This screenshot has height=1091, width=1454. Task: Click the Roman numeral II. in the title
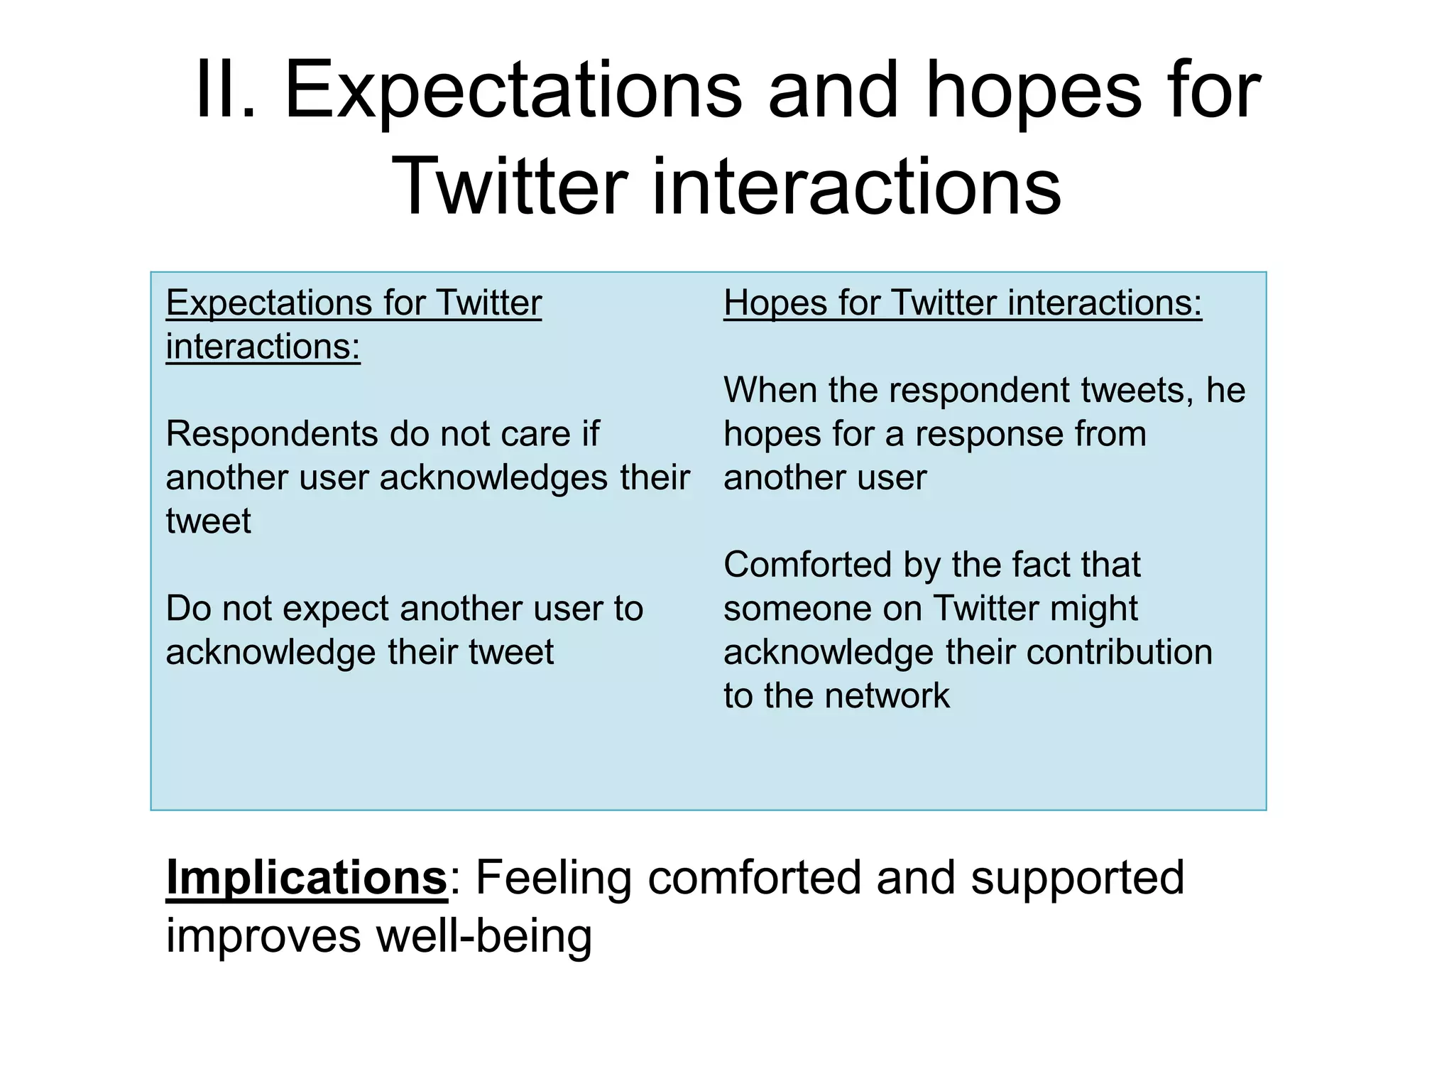(x=224, y=90)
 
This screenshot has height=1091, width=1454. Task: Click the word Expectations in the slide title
(x=513, y=90)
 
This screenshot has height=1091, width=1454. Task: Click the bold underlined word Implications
(x=307, y=877)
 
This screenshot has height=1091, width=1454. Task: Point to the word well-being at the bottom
(x=483, y=935)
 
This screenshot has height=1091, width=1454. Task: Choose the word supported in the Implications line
(x=1078, y=877)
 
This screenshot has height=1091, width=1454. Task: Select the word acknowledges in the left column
(x=493, y=477)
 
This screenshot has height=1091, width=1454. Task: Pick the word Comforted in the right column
(x=807, y=565)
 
